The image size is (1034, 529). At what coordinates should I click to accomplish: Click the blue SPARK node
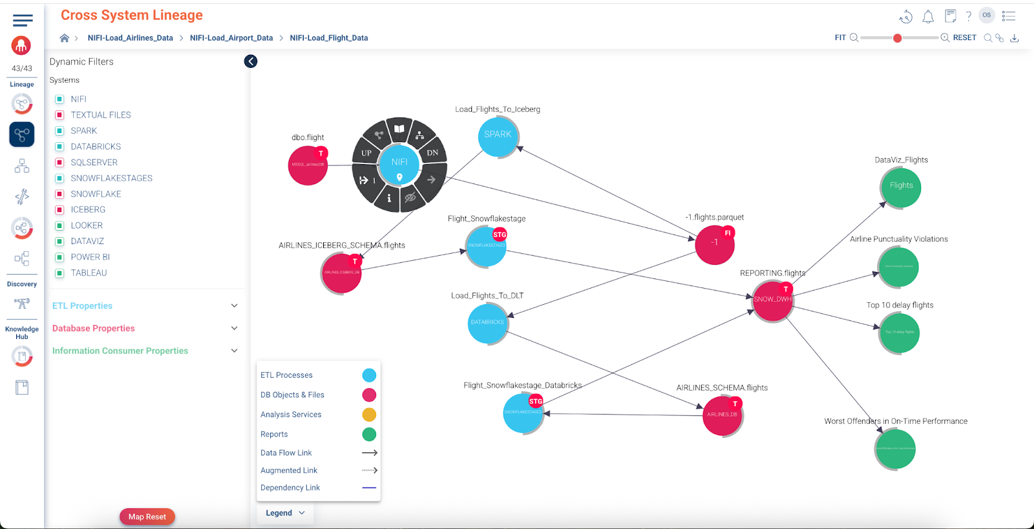tap(498, 135)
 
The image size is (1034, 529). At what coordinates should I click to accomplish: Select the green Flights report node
tap(901, 187)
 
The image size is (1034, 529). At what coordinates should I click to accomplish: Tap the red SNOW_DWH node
tap(772, 300)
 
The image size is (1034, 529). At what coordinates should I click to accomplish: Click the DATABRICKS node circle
tap(487, 322)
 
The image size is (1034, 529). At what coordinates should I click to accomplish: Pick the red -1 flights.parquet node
tap(714, 244)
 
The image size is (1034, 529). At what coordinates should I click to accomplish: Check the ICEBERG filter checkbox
tap(59, 210)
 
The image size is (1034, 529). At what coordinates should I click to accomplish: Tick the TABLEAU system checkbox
tap(59, 273)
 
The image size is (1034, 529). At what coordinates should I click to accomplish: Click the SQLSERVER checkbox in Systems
tap(59, 163)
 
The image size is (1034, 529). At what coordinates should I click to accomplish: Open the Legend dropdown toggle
tap(285, 513)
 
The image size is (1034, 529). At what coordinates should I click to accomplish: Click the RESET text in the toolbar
tap(964, 38)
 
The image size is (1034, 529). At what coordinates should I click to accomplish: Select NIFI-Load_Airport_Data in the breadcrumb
tap(231, 38)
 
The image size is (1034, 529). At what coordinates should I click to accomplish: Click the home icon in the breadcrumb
tap(65, 38)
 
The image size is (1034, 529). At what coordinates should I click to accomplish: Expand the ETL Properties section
tap(234, 306)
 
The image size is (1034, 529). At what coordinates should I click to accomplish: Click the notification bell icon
tap(928, 17)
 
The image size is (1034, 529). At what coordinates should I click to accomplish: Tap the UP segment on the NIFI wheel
tap(366, 153)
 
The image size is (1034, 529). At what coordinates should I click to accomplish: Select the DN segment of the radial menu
tap(432, 153)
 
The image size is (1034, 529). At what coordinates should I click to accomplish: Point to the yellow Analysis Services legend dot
tap(369, 415)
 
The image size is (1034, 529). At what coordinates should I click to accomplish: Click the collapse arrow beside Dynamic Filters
tap(251, 61)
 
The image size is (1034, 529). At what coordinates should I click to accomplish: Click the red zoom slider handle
tap(897, 38)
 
